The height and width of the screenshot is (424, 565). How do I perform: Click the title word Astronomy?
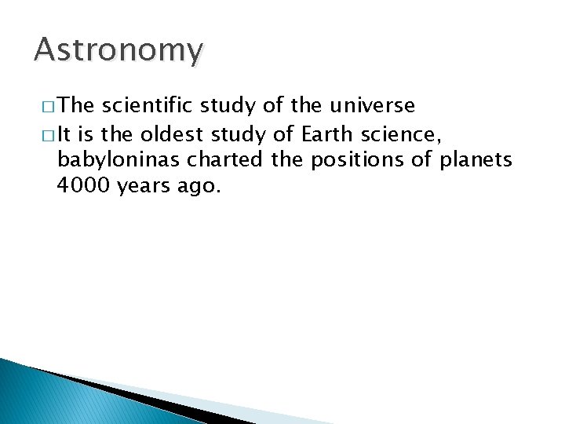(x=118, y=50)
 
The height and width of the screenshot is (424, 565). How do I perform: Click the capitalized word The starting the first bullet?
(x=77, y=106)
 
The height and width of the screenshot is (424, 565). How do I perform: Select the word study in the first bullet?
(x=225, y=106)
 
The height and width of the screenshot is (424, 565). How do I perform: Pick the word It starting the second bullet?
(x=65, y=134)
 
